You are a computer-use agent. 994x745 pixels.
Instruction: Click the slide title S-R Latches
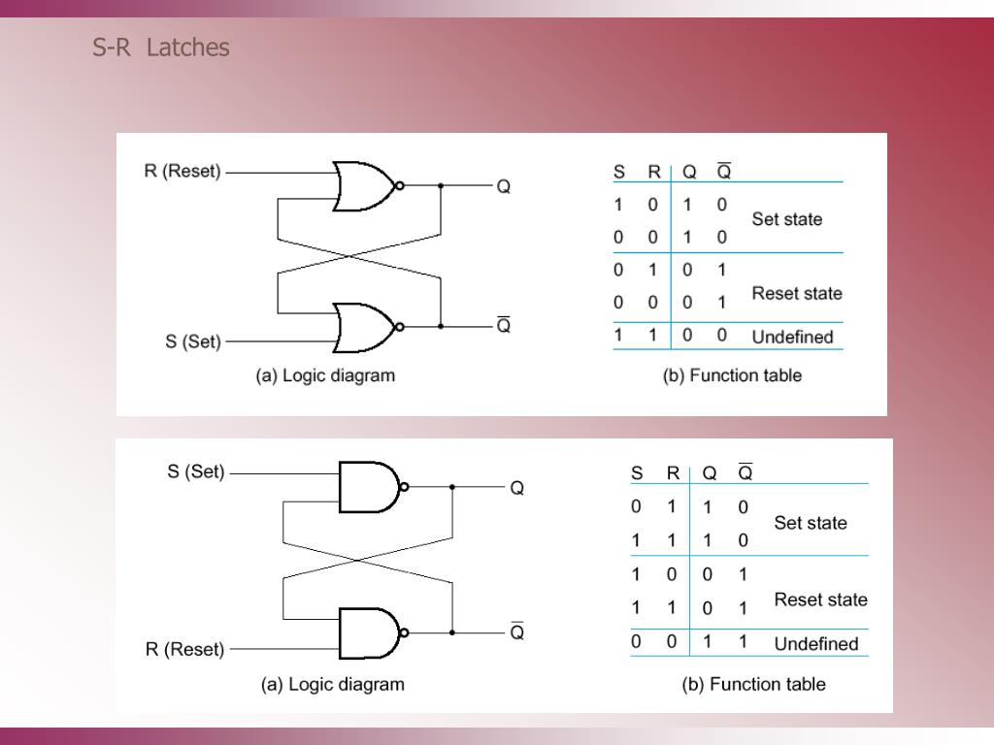[x=161, y=48]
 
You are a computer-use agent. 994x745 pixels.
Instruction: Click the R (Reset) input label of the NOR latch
[x=182, y=172]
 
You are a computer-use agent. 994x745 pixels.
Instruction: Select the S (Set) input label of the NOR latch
[x=192, y=341]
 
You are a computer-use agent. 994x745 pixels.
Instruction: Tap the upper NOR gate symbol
[x=362, y=185]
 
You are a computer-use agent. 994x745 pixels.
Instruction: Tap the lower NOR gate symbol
[x=362, y=327]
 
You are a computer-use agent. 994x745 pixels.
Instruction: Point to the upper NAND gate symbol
[x=368, y=487]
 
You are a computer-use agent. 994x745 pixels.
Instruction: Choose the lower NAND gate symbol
[x=368, y=633]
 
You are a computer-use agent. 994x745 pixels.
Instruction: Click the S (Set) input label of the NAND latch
[x=195, y=472]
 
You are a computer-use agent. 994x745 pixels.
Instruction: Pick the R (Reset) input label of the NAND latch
[x=184, y=649]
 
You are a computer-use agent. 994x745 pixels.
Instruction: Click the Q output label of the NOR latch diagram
[x=504, y=186]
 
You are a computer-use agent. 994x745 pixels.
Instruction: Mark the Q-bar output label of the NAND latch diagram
[x=517, y=632]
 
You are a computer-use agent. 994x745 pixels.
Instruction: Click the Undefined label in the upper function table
[x=792, y=338]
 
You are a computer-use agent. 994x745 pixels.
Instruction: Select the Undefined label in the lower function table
[x=816, y=644]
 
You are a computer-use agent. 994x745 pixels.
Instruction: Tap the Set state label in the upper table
[x=786, y=219]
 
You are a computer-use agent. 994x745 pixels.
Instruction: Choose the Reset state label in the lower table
[x=820, y=599]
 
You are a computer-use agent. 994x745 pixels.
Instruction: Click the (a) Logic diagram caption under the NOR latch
[x=325, y=375]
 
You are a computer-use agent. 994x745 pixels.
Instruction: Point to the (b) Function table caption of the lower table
[x=753, y=684]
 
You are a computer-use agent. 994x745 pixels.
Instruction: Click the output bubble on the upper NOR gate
[x=399, y=185]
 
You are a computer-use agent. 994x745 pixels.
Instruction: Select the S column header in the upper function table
[x=618, y=173]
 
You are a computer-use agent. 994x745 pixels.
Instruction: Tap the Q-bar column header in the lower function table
[x=745, y=473]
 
